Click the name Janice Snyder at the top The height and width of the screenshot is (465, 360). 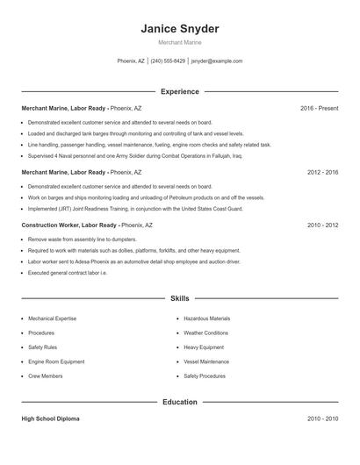(179, 29)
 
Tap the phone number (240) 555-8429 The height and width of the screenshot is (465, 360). (168, 61)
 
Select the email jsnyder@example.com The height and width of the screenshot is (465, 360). (217, 61)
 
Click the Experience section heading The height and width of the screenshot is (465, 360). (179, 91)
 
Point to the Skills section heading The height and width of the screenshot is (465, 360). (179, 298)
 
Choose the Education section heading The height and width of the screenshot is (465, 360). (179, 402)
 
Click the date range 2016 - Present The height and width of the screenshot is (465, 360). (319, 108)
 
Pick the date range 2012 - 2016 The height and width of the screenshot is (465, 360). (322, 173)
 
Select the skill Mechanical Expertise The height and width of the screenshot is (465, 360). (53, 318)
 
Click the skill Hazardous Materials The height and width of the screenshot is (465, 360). (207, 318)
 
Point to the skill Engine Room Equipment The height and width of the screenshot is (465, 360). (56, 361)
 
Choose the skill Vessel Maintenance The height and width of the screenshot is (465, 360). (206, 361)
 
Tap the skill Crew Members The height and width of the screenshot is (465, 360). (46, 376)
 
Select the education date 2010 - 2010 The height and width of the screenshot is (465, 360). (322, 419)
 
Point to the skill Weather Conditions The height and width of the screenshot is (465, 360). (206, 333)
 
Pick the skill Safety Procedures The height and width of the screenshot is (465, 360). (205, 376)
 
